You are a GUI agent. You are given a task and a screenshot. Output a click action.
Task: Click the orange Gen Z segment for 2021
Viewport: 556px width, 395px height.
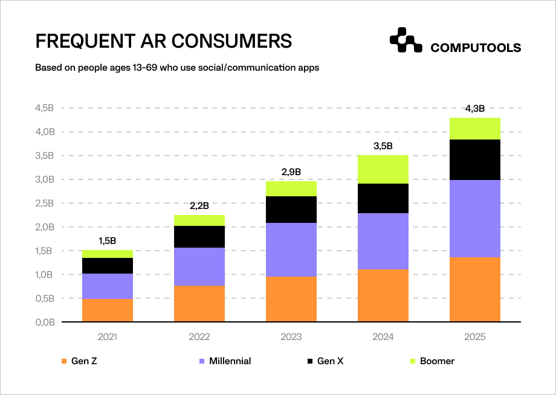click(x=108, y=310)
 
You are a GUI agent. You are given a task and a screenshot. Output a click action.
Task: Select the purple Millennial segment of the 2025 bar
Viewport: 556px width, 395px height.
click(x=475, y=219)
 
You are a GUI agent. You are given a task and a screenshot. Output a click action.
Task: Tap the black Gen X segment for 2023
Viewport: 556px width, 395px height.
click(x=291, y=210)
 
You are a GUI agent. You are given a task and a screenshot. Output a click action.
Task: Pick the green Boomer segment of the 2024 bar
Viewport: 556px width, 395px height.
click(x=383, y=169)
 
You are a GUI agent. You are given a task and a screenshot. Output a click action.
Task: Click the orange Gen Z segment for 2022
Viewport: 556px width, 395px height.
click(x=199, y=304)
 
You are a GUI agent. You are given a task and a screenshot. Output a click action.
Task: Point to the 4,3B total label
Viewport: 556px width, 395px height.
click(x=475, y=109)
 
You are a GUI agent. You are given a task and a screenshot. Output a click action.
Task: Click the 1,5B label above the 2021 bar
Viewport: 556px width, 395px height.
click(x=108, y=241)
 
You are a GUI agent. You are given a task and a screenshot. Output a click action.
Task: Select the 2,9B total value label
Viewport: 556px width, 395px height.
click(x=291, y=172)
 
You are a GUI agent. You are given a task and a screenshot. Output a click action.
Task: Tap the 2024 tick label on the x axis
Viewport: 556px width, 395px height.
click(x=383, y=336)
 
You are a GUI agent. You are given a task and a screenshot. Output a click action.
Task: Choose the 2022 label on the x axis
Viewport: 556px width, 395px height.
click(x=199, y=336)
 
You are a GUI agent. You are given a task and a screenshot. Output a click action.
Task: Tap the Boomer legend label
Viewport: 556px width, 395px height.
click(x=437, y=361)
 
